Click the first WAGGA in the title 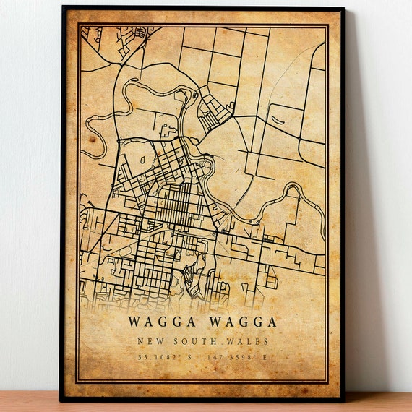pyautogui.click(x=160, y=321)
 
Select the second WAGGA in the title pyautogui.click(x=243, y=321)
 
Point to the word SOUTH pyautogui.click(x=191, y=341)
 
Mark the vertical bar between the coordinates pyautogui.click(x=202, y=356)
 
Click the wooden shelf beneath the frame pyautogui.click(x=206, y=405)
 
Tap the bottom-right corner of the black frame pyautogui.click(x=343, y=399)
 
